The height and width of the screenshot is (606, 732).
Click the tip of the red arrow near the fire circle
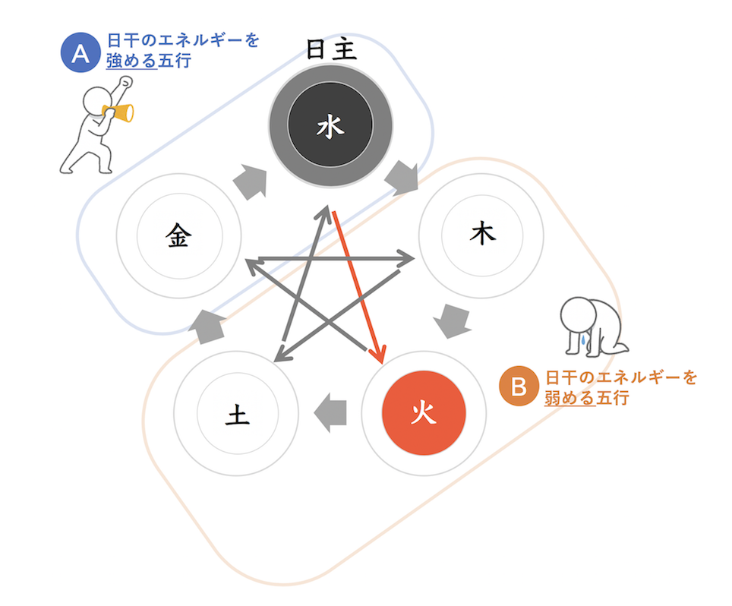(x=383, y=363)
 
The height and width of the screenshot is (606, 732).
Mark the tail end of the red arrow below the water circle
(x=334, y=212)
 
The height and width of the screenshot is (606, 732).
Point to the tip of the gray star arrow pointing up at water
(x=327, y=205)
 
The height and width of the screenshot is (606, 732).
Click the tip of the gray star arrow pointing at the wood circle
(x=414, y=258)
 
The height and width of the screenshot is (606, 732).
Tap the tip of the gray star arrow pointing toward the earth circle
(x=275, y=361)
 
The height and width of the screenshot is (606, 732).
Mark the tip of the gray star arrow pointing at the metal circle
(x=246, y=260)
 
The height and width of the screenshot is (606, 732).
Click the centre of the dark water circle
(x=330, y=125)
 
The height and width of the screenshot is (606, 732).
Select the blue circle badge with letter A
(x=80, y=52)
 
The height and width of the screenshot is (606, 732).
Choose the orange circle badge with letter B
(x=519, y=386)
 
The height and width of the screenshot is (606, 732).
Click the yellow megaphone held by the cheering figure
(x=118, y=112)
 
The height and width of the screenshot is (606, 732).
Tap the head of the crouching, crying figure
(x=578, y=315)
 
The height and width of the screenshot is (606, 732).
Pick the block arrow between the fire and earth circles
(x=330, y=412)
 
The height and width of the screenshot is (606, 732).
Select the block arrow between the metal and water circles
(x=251, y=181)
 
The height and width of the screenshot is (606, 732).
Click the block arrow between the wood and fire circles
(x=453, y=320)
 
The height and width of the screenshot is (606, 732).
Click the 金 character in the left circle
(x=178, y=235)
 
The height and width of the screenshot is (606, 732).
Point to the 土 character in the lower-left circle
(x=237, y=414)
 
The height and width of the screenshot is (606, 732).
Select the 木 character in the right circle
(x=482, y=233)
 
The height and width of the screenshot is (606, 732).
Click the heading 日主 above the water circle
(x=331, y=49)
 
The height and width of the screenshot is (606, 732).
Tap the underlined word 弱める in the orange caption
(x=570, y=398)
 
